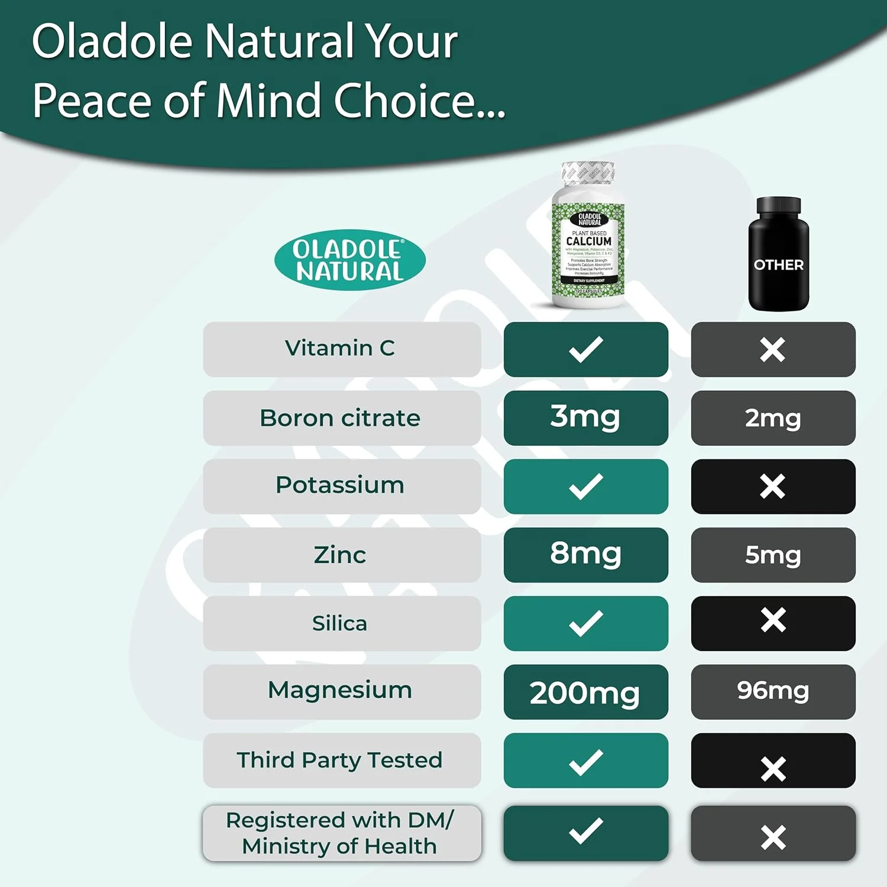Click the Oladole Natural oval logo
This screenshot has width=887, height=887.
pyautogui.click(x=349, y=260)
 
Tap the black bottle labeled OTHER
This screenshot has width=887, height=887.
pyautogui.click(x=778, y=254)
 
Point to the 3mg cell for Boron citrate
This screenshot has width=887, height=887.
pyautogui.click(x=585, y=417)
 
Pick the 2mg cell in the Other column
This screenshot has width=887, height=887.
pyautogui.click(x=773, y=418)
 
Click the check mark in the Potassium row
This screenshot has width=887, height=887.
pyautogui.click(x=585, y=486)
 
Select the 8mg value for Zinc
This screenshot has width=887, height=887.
pyautogui.click(x=585, y=554)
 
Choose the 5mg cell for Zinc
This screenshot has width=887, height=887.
pyautogui.click(x=773, y=555)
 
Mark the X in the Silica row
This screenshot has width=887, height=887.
pyautogui.click(x=773, y=620)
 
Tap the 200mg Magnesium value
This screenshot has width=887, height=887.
pyautogui.click(x=585, y=692)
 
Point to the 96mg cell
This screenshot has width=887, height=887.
pyautogui.click(x=773, y=691)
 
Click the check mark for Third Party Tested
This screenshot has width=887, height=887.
pyautogui.click(x=585, y=762)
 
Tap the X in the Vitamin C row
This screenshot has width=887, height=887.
pyautogui.click(x=773, y=349)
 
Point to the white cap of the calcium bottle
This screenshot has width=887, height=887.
pyautogui.click(x=588, y=173)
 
